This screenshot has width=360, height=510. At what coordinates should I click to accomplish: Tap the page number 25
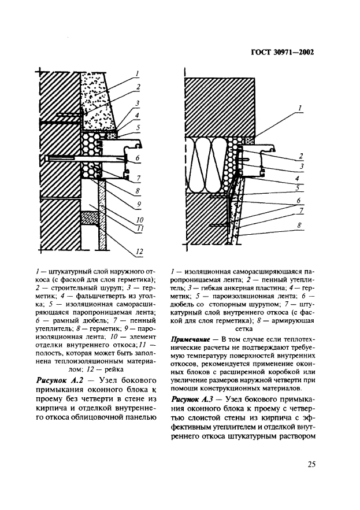[311, 463]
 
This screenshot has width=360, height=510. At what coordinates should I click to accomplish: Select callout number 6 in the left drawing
[137, 157]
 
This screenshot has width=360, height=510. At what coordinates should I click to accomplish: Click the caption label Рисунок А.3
[193, 400]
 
